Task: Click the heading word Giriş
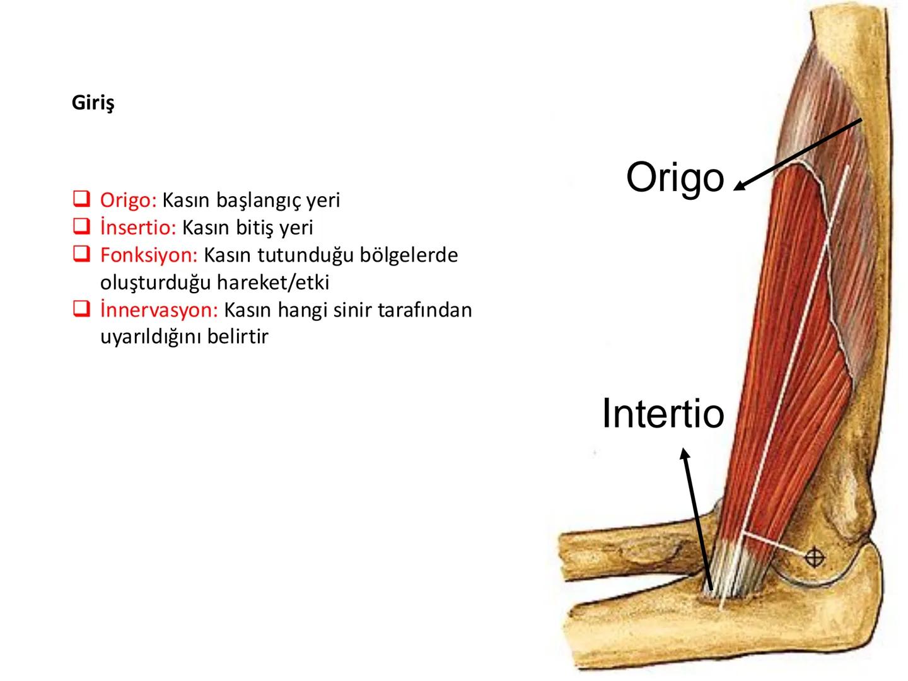(x=93, y=103)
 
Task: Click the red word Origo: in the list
(x=128, y=200)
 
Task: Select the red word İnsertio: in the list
(x=137, y=227)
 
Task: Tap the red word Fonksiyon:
(x=149, y=255)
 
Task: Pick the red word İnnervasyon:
(x=159, y=310)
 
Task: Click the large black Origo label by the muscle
(x=675, y=177)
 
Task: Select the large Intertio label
(x=663, y=414)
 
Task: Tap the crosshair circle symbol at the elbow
(x=815, y=557)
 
